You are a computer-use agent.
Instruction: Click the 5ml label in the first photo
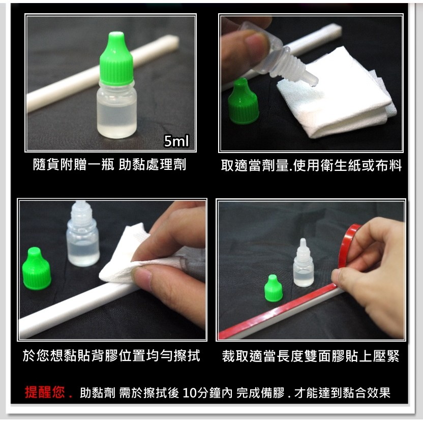pos(176,141)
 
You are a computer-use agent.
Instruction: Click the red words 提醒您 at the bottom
pos(45,392)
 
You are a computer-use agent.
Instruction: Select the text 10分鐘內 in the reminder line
pos(207,392)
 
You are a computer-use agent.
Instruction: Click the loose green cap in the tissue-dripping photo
pos(243,101)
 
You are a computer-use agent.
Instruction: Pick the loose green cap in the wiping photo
pos(36,268)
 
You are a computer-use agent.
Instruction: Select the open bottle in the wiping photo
pos(82,234)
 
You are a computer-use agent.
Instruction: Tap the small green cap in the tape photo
pos(274,288)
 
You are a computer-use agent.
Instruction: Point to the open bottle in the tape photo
pos(304,263)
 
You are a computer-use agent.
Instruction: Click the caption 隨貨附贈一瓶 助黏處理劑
pos(109,165)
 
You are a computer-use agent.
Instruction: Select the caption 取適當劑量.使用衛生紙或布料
pos(312,165)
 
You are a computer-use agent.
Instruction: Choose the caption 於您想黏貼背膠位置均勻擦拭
pos(111,355)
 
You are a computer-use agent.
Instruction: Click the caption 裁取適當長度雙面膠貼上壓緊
pos(311,356)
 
